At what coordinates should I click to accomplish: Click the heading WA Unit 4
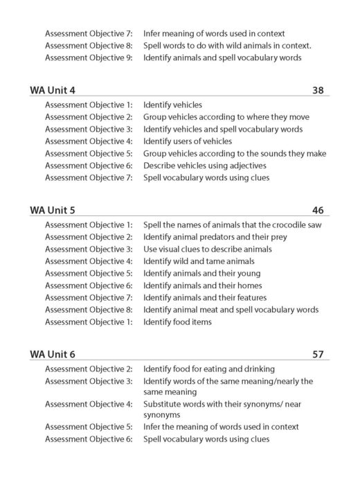point(53,90)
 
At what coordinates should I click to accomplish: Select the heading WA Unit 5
point(53,211)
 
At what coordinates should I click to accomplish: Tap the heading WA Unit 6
point(53,354)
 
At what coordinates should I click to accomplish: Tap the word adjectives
point(248,165)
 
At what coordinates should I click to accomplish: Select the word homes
point(239,285)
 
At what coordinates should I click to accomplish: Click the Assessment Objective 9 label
point(89,58)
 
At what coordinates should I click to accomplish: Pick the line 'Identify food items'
point(177,322)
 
